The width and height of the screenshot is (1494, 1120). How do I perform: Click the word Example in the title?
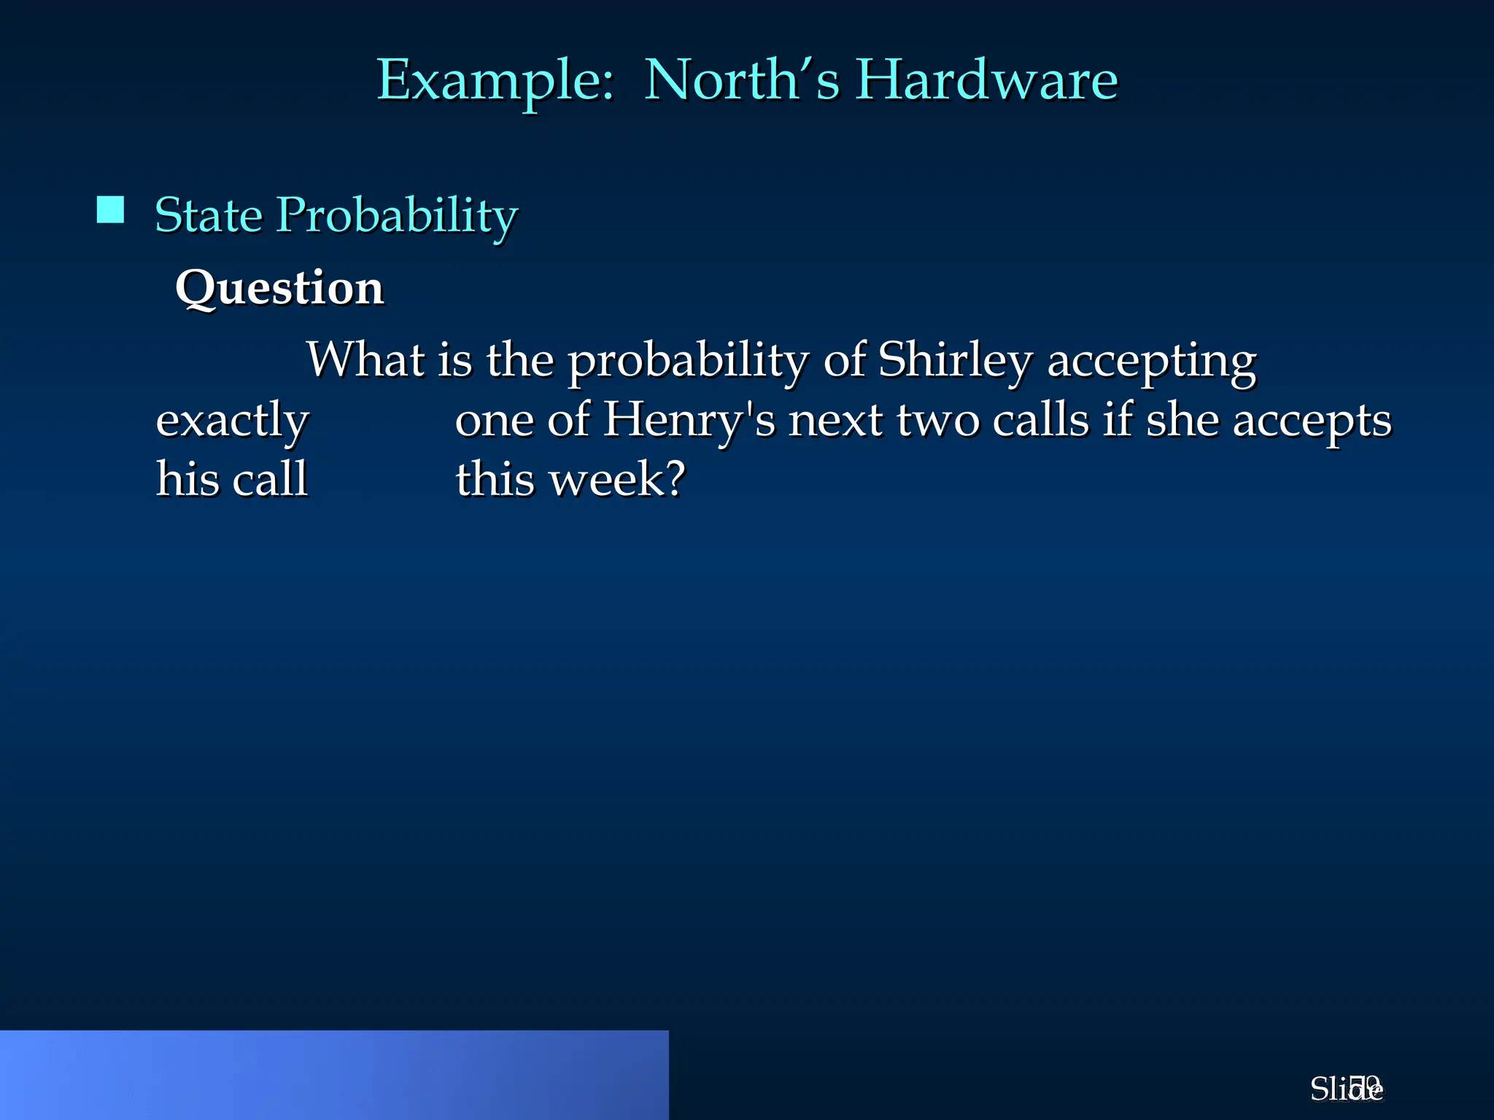click(x=495, y=80)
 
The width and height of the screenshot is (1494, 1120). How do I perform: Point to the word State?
click(x=209, y=215)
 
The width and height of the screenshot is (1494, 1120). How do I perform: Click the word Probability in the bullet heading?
click(x=397, y=217)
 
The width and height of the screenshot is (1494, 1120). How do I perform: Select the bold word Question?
click(x=279, y=288)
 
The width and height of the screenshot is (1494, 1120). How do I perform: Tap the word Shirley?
click(x=955, y=361)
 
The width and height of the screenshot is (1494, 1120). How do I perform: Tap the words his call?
click(x=232, y=479)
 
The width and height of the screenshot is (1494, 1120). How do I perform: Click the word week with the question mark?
click(x=617, y=480)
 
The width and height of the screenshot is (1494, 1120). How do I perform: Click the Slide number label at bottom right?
click(x=1346, y=1089)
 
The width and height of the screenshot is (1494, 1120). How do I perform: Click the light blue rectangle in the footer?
click(x=334, y=1075)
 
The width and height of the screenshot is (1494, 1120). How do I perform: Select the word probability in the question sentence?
click(x=688, y=361)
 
